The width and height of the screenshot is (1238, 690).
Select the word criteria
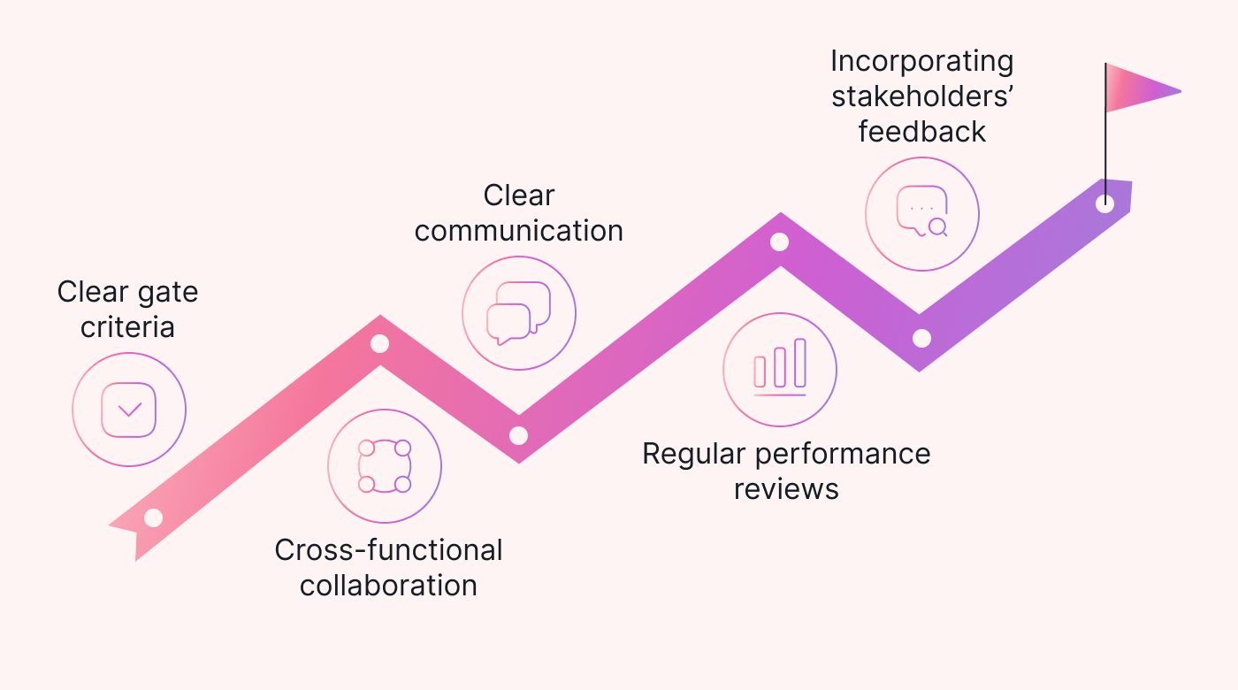click(x=127, y=327)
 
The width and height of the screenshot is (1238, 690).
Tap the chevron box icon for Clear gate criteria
click(x=129, y=410)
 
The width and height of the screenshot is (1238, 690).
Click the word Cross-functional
click(x=388, y=550)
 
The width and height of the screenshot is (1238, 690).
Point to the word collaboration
click(x=388, y=586)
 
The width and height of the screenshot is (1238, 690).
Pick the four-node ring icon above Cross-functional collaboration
click(x=385, y=465)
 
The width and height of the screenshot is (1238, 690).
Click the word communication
click(x=519, y=231)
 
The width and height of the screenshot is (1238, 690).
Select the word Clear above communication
click(x=519, y=195)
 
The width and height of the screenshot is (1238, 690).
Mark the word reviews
click(x=786, y=489)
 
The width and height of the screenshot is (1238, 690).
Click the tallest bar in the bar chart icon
click(x=800, y=363)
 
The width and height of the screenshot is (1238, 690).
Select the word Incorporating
click(x=921, y=62)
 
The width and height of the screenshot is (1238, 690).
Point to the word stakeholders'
click(x=921, y=96)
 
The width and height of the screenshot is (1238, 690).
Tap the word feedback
click(x=921, y=132)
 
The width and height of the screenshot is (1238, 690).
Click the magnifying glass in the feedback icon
click(x=937, y=227)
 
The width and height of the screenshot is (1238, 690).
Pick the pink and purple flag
click(x=1142, y=88)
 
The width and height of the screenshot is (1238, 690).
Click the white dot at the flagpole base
click(x=1104, y=203)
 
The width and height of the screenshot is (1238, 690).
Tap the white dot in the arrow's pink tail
click(x=153, y=517)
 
